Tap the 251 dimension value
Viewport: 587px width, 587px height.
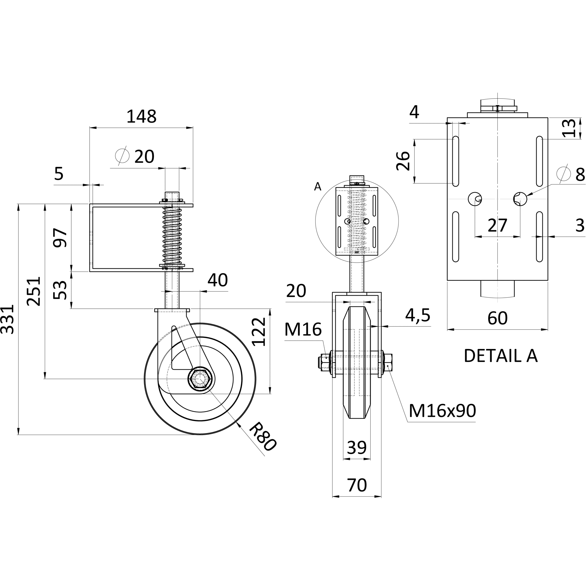pyautogui.click(x=34, y=291)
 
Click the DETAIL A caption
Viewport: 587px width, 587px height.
pyautogui.click(x=501, y=356)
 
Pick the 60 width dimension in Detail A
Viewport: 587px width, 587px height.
pyautogui.click(x=498, y=318)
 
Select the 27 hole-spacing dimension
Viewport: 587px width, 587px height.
pyautogui.click(x=498, y=225)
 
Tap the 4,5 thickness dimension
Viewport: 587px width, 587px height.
pyautogui.click(x=418, y=315)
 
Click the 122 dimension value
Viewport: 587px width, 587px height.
pyautogui.click(x=259, y=332)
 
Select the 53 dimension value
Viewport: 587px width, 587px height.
pyautogui.click(x=60, y=290)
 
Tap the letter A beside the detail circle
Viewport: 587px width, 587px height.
pyautogui.click(x=318, y=187)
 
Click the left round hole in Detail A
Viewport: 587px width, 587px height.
pyautogui.click(x=475, y=199)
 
